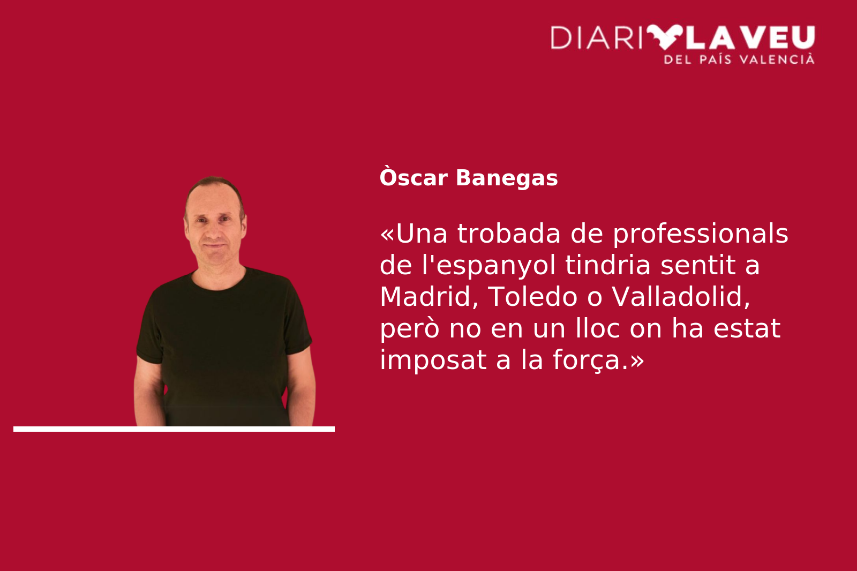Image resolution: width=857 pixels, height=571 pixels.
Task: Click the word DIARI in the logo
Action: click(596, 37)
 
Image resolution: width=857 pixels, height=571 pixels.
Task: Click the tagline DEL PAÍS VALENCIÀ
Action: click(739, 59)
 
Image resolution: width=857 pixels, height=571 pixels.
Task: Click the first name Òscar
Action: click(413, 177)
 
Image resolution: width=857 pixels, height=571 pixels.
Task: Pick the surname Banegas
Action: click(507, 178)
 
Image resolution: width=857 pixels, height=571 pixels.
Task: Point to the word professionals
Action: click(701, 234)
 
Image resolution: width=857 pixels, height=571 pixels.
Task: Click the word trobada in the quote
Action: click(509, 234)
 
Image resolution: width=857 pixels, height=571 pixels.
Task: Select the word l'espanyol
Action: click(488, 266)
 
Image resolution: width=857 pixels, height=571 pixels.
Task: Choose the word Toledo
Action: click(532, 297)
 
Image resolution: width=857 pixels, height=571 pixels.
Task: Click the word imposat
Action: click(433, 360)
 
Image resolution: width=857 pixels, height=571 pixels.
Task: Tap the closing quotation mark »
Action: click(637, 361)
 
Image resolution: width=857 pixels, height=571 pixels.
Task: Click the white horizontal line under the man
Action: click(174, 429)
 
